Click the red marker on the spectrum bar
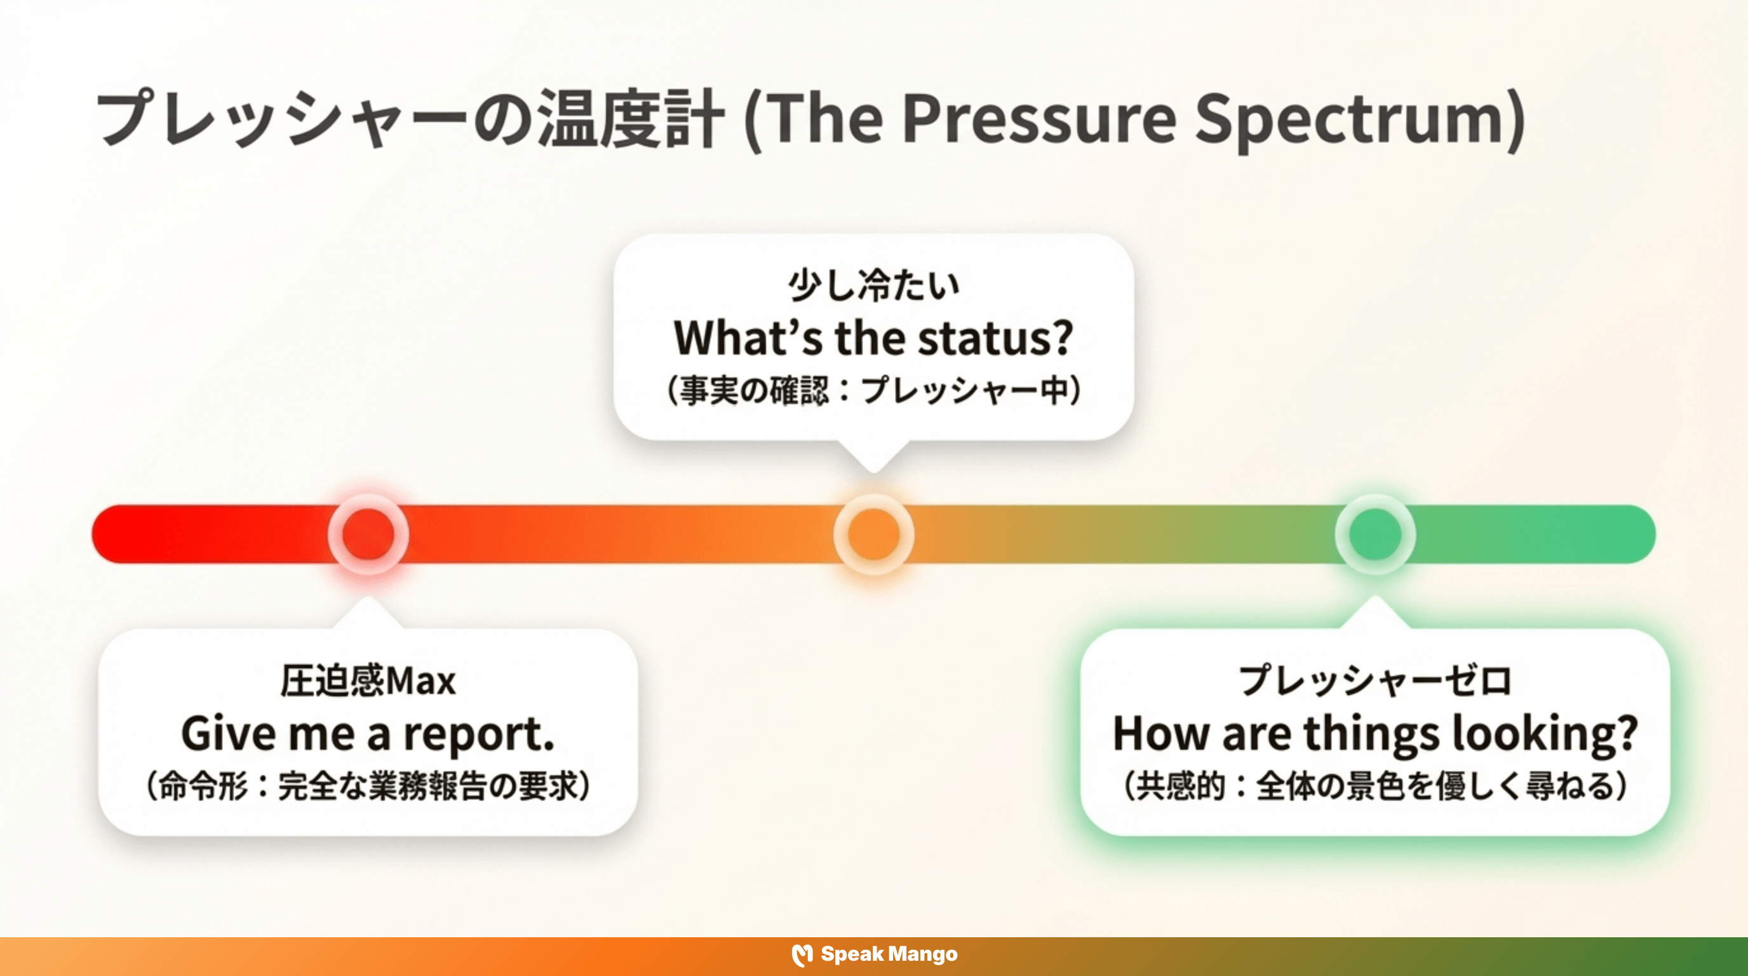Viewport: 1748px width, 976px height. pos(368,534)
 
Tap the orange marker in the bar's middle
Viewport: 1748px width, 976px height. pos(873,534)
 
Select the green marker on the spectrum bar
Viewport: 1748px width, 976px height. pos(1375,534)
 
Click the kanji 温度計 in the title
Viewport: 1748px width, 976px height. pos(631,119)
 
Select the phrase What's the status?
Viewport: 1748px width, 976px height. pos(873,338)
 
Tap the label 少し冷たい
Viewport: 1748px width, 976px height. pos(873,285)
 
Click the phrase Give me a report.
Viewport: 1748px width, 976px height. pos(368,735)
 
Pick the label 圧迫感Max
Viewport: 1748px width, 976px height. pos(368,681)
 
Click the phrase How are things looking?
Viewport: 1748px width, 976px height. pos(1375,735)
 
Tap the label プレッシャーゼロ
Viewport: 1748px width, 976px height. pos(1375,681)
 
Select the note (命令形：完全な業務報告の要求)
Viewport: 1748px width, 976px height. pos(368,787)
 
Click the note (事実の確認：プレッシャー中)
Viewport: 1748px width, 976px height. pos(873,391)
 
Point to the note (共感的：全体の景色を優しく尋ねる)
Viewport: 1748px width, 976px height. pos(1375,787)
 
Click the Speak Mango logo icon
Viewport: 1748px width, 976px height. pos(802,955)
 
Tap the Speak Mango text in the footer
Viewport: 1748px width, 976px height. pos(889,954)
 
